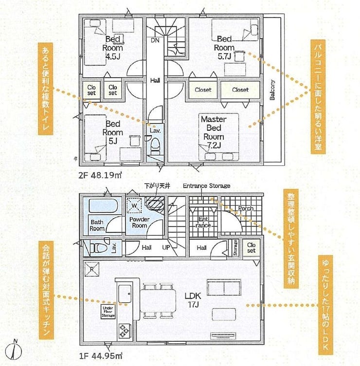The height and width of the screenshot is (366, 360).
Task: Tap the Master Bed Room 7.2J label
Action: [214, 132]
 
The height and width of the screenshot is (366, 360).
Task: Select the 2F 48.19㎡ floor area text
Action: [100, 175]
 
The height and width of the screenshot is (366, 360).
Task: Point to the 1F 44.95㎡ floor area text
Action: [101, 356]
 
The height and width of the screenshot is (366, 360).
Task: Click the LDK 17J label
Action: [193, 300]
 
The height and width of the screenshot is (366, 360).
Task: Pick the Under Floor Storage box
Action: [108, 312]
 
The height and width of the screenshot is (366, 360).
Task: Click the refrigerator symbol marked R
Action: [92, 269]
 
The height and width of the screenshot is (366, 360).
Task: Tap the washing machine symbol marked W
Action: [134, 206]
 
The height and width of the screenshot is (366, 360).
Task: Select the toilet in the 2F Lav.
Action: [155, 146]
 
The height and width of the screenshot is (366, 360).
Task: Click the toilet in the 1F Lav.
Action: [98, 248]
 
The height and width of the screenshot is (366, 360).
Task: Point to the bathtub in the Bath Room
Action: [103, 206]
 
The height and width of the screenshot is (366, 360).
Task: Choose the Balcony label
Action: [272, 90]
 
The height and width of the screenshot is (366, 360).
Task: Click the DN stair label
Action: [155, 40]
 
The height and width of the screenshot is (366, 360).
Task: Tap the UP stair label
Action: [166, 247]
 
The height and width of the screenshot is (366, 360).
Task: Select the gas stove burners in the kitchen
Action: [124, 331]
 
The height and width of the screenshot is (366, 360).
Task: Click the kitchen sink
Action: [125, 294]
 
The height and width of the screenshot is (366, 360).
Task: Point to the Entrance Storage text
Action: [207, 186]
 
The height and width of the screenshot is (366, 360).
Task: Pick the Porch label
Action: [246, 209]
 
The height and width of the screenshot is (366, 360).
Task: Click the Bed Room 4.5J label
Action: [112, 48]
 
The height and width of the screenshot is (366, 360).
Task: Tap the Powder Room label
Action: [140, 223]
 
